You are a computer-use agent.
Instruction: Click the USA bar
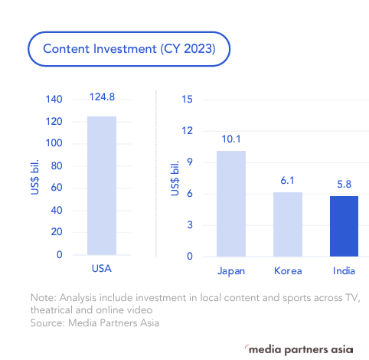pyautogui.click(x=101, y=185)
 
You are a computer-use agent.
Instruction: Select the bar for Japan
pyautogui.click(x=231, y=203)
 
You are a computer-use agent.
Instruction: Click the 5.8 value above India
pyautogui.click(x=344, y=183)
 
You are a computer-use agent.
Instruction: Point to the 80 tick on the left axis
pyautogui.click(x=56, y=166)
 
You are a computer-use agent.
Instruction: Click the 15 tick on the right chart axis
pyautogui.click(x=188, y=100)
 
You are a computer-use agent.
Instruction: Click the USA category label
pyautogui.click(x=101, y=270)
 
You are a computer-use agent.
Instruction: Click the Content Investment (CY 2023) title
pyautogui.click(x=129, y=49)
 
